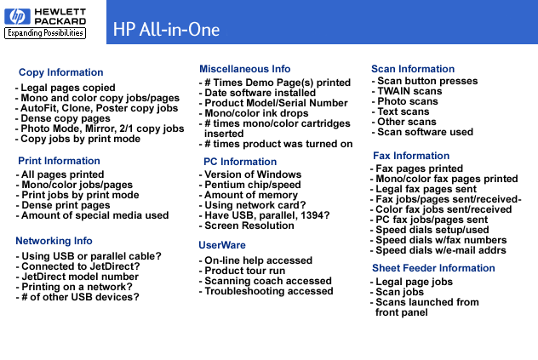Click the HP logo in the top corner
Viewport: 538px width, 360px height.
point(17,16)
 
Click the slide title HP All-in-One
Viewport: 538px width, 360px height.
point(166,30)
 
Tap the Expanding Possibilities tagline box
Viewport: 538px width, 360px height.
point(45,33)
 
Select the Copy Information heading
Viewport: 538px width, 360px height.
point(60,72)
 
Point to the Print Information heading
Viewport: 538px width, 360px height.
point(59,161)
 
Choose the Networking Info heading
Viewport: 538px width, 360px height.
point(54,241)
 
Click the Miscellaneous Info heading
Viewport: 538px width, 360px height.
point(244,69)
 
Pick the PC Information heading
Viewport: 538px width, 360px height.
point(240,162)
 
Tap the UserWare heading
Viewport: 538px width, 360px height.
point(222,245)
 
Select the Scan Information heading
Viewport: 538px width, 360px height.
point(413,69)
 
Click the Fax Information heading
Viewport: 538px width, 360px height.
point(411,156)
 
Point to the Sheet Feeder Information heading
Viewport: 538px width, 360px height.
point(433,268)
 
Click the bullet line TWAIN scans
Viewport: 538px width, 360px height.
point(407,91)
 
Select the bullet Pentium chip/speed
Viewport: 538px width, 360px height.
point(250,185)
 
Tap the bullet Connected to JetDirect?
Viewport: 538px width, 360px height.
point(77,266)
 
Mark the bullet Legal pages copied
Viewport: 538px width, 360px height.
point(66,88)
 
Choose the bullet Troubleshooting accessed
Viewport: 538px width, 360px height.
point(266,291)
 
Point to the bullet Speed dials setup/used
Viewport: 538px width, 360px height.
point(430,230)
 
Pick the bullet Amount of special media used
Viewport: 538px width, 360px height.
point(92,215)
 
